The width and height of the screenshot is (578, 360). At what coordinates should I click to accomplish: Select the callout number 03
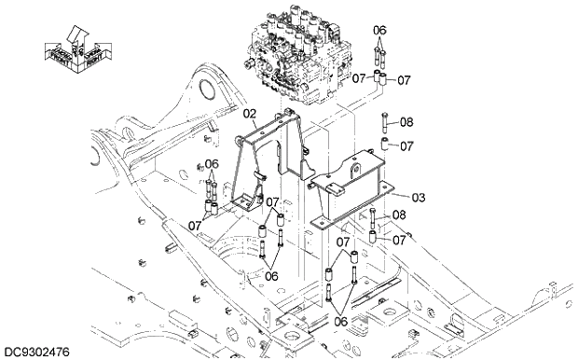(x=419, y=198)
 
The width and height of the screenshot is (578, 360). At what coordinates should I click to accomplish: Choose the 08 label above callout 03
(x=406, y=121)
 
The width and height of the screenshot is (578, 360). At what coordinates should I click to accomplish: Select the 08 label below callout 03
(x=399, y=215)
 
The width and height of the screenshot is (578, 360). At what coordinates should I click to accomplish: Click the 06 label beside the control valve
(x=378, y=30)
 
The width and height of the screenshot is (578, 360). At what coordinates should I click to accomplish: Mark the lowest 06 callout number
(x=340, y=321)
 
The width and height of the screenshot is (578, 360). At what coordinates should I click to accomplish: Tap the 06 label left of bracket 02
(x=212, y=164)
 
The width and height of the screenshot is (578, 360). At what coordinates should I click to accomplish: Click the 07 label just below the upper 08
(x=406, y=145)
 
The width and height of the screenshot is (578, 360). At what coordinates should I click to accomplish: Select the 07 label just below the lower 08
(x=399, y=240)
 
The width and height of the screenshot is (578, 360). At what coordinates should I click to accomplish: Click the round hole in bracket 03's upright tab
(x=355, y=171)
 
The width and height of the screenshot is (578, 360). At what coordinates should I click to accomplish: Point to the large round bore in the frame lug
(x=207, y=90)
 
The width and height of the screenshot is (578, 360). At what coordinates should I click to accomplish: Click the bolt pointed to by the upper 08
(x=383, y=122)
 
